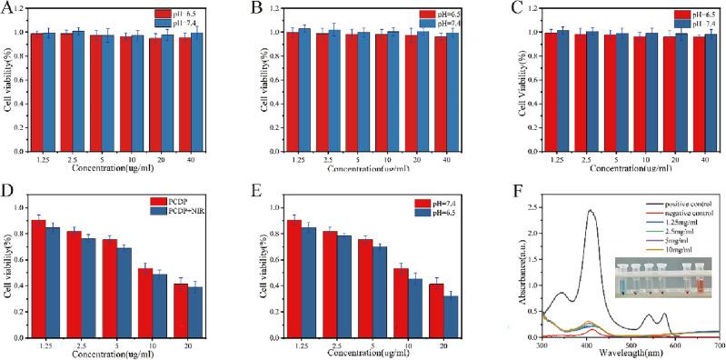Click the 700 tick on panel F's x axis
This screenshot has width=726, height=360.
click(718, 346)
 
